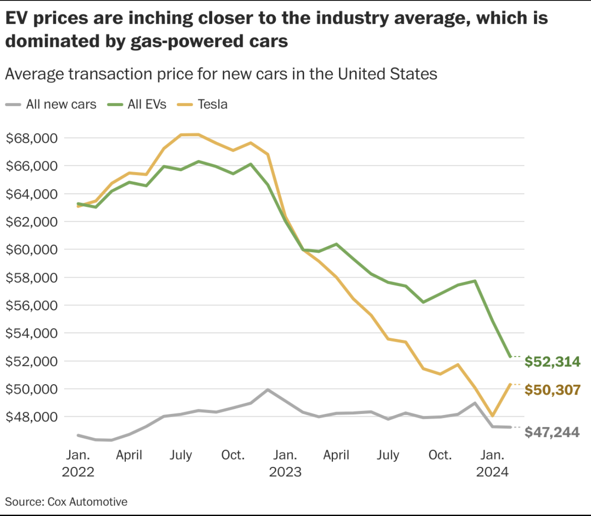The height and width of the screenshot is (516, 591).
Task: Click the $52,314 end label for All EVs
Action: [552, 362]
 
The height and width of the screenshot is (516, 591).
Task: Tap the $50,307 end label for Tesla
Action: [552, 390]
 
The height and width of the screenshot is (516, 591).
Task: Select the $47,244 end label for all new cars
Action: [552, 432]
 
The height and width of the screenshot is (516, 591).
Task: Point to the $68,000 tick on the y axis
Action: [32, 138]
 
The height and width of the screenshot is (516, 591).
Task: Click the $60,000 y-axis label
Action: [32, 249]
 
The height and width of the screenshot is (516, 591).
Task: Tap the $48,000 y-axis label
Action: [32, 417]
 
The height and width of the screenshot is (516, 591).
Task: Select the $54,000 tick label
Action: [32, 333]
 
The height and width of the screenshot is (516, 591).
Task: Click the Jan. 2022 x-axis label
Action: [78, 463]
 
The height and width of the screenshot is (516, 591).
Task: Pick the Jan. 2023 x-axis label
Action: [285, 463]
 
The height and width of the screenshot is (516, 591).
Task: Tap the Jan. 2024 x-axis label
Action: [492, 463]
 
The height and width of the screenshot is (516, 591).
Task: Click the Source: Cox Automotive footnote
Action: [66, 502]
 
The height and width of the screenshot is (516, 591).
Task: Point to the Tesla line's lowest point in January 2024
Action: [493, 416]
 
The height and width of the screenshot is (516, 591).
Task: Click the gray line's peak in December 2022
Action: [267, 389]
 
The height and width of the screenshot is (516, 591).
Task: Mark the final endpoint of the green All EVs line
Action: [510, 357]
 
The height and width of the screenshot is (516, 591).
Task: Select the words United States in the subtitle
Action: [387, 74]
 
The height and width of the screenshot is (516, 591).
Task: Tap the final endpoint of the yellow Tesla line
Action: [510, 384]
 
